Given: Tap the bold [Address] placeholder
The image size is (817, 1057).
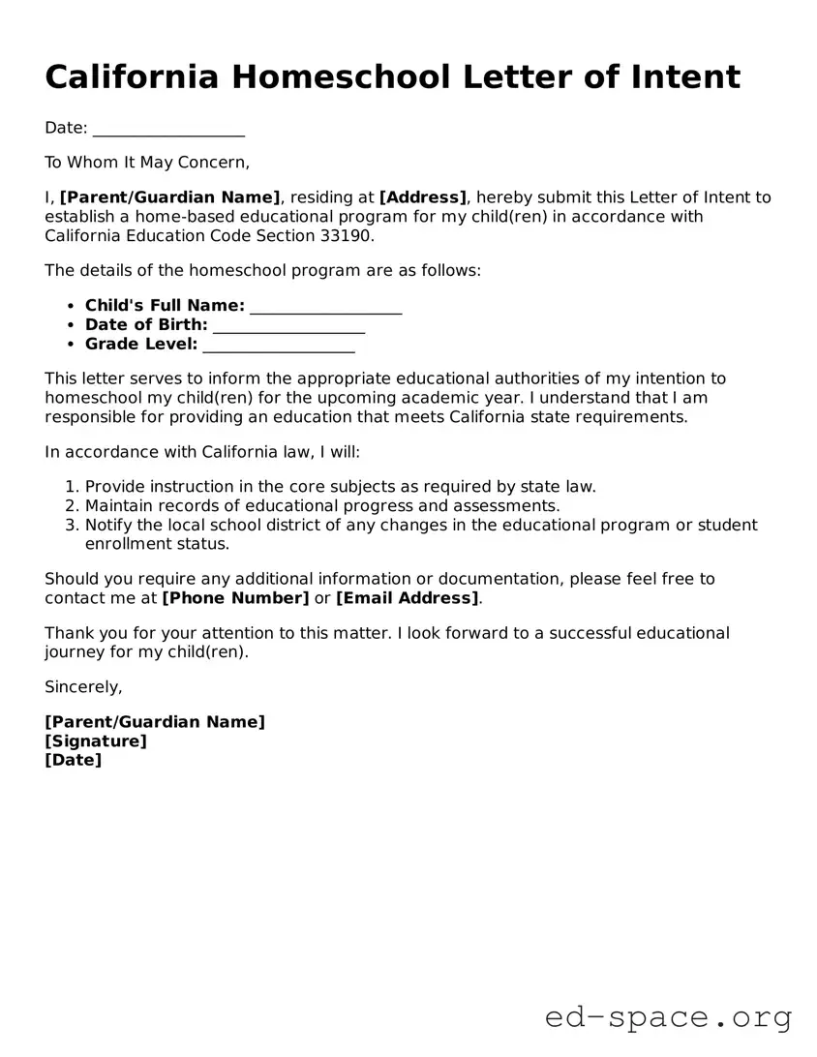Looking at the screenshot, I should [x=423, y=197].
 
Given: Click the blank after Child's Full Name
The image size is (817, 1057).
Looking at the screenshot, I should [x=325, y=307].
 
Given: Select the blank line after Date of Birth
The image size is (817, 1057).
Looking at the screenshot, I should [x=288, y=325].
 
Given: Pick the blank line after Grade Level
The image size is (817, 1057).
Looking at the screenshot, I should [x=279, y=345].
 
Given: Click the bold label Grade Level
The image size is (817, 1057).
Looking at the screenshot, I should [x=141, y=344].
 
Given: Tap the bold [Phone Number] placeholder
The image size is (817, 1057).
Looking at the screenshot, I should [x=235, y=598].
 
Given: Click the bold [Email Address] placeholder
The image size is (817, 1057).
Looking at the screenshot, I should [x=408, y=598].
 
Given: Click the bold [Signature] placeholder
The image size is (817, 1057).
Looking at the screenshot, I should [x=96, y=741].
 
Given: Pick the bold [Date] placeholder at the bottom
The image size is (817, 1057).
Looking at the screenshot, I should [x=73, y=761].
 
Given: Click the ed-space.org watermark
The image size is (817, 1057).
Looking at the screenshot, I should [x=668, y=1017].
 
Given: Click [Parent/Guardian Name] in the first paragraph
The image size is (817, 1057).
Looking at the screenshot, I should [x=170, y=197].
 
